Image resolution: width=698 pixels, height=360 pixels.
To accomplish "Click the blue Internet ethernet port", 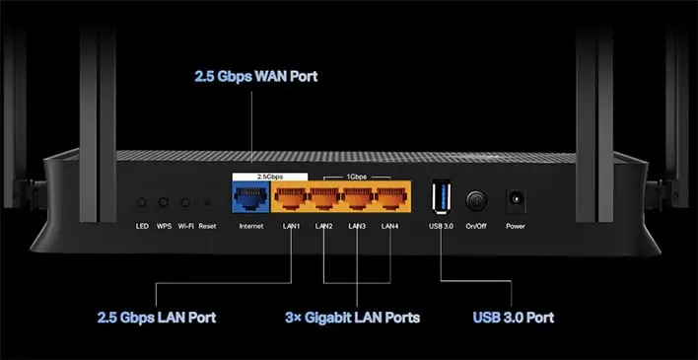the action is [x=251, y=196].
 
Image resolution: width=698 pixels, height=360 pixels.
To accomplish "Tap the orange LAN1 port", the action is [x=291, y=196].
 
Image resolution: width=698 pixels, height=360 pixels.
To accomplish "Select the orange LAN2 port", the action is [x=324, y=196].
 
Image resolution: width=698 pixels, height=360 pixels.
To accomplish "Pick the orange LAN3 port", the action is [x=358, y=196].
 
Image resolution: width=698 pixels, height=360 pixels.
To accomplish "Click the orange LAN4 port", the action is [x=391, y=196].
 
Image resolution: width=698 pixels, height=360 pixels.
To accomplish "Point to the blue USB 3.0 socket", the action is [x=441, y=196].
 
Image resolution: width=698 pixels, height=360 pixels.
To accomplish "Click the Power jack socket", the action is [x=516, y=198].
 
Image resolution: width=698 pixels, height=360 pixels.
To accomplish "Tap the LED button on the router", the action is [x=142, y=203].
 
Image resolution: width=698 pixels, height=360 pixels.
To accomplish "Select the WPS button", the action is [x=164, y=203].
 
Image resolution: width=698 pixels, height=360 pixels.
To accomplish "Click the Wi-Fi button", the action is [x=185, y=203].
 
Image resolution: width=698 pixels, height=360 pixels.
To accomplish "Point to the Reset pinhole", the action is [x=207, y=203].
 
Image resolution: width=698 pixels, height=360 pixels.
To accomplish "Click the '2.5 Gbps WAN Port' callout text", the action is [x=256, y=76].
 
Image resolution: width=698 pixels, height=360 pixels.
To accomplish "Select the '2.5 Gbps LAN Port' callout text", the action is [x=157, y=318].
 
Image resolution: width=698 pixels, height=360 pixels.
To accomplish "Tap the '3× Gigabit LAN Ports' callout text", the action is [x=353, y=318].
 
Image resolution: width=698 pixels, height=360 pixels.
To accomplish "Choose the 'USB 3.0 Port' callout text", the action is [x=514, y=318].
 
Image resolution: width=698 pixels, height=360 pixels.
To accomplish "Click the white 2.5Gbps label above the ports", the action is [x=270, y=177].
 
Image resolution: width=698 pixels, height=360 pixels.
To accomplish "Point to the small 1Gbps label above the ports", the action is [x=357, y=177].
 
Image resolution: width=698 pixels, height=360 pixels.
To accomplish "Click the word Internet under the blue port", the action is [x=251, y=226].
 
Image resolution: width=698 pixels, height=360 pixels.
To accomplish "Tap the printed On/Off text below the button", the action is [x=476, y=226].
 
